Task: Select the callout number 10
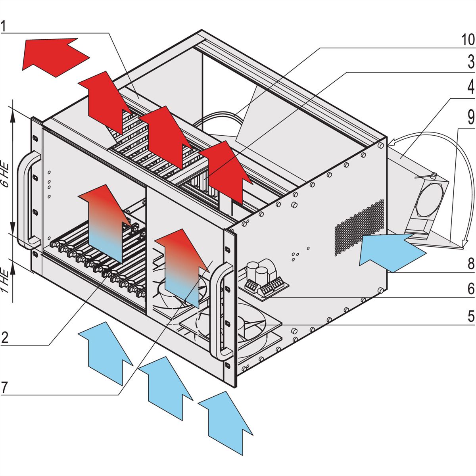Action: click(467, 40)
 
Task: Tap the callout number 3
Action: click(470, 63)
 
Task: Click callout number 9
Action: click(470, 117)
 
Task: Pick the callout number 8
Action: click(470, 264)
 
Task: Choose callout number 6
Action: click(470, 289)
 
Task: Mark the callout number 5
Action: click(470, 317)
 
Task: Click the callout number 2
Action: click(4, 338)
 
